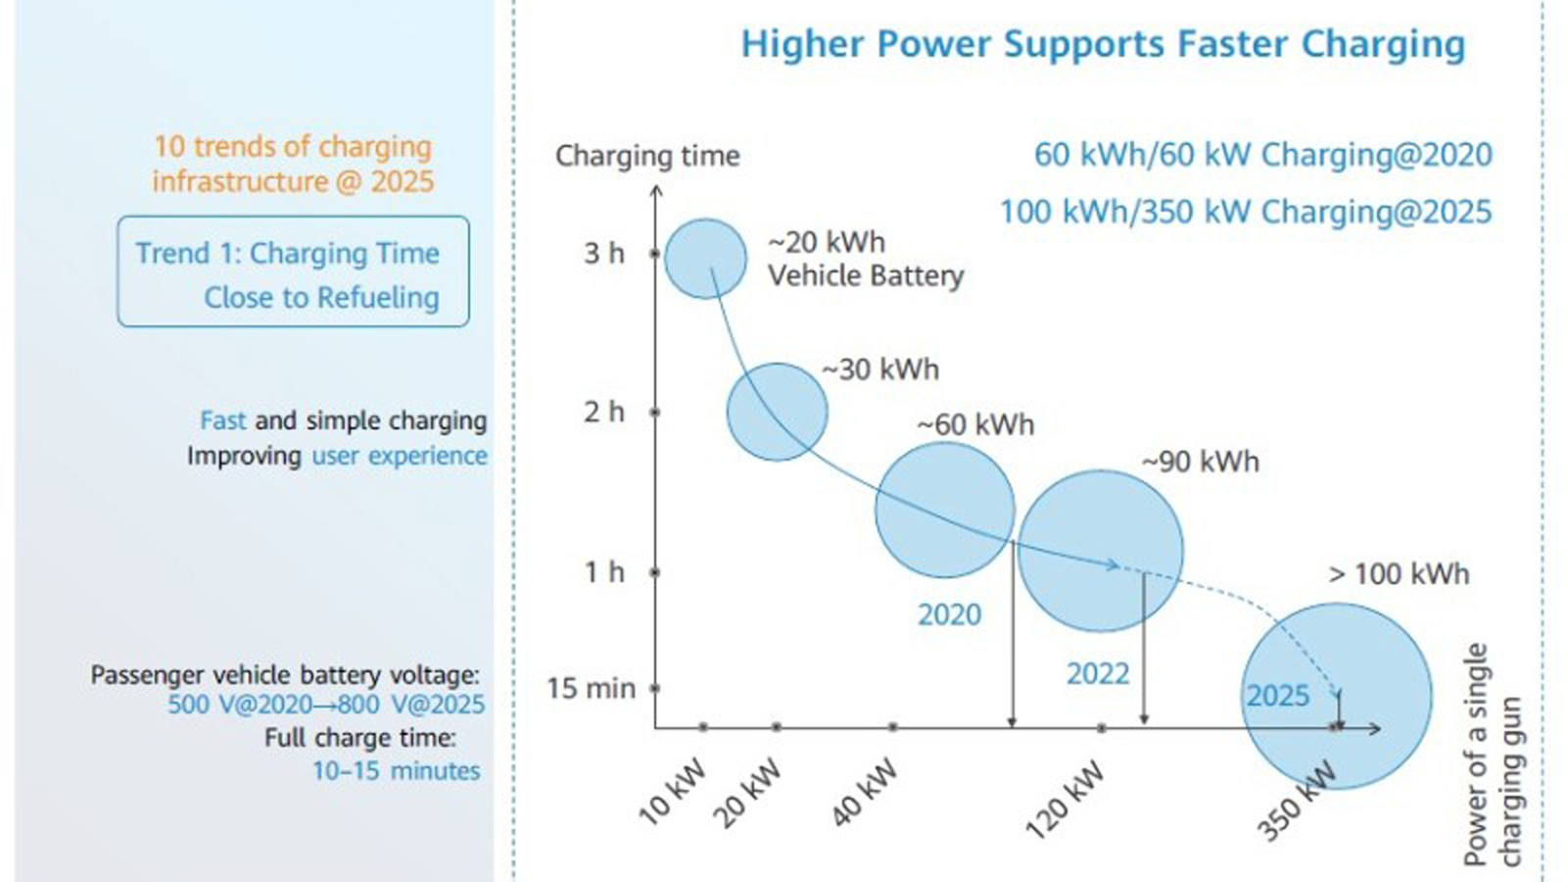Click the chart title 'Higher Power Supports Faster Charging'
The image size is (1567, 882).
pyautogui.click(x=1103, y=45)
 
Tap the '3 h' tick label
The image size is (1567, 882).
pyautogui.click(x=603, y=254)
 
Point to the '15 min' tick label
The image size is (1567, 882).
pyautogui.click(x=591, y=689)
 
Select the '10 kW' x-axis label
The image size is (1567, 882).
pyautogui.click(x=672, y=791)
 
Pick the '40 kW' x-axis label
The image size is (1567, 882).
pyautogui.click(x=864, y=792)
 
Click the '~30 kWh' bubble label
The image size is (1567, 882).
pyautogui.click(x=880, y=369)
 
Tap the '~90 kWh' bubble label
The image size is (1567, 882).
pyautogui.click(x=1201, y=462)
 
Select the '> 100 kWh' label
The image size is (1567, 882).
pyautogui.click(x=1399, y=574)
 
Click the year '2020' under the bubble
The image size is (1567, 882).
pyautogui.click(x=949, y=614)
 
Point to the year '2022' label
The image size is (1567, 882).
pyautogui.click(x=1098, y=674)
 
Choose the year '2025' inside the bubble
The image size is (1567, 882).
pyautogui.click(x=1277, y=696)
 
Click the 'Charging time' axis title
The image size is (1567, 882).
pyautogui.click(x=647, y=156)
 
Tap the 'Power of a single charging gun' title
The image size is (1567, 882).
pyautogui.click(x=1493, y=755)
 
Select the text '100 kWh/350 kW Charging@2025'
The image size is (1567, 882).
pyautogui.click(x=1246, y=212)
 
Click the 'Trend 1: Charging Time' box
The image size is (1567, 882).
pyautogui.click(x=293, y=272)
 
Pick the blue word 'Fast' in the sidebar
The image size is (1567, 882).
pyautogui.click(x=222, y=420)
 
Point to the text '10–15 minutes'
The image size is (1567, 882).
pyautogui.click(x=396, y=771)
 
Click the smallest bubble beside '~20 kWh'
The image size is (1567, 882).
pyautogui.click(x=705, y=259)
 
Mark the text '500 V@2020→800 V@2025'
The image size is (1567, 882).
pyautogui.click(x=326, y=705)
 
